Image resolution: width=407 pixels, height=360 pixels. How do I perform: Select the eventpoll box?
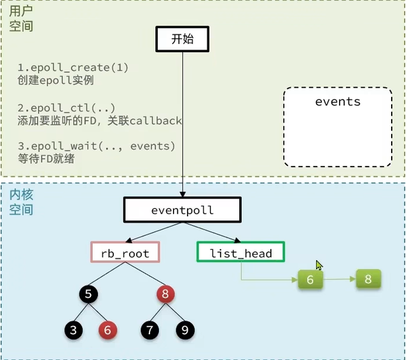[x=183, y=209]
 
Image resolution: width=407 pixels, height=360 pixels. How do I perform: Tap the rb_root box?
[x=125, y=253]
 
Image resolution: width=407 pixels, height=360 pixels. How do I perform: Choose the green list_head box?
[x=241, y=253]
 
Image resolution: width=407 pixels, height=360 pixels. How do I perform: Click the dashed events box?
[x=337, y=127]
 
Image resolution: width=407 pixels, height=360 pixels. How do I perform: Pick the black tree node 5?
[x=88, y=294]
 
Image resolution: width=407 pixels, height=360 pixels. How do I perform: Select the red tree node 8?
[x=166, y=294]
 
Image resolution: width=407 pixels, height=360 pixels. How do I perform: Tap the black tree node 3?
[x=73, y=329]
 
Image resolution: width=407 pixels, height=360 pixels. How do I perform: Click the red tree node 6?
[x=107, y=329]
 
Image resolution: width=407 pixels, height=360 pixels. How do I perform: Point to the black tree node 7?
[x=150, y=329]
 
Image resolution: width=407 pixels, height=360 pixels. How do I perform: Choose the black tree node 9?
[x=185, y=329]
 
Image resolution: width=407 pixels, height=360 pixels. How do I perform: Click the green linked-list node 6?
[x=310, y=279]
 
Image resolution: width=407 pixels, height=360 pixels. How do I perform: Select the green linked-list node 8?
[x=368, y=279]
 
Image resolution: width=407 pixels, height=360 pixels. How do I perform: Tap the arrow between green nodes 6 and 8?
[x=339, y=279]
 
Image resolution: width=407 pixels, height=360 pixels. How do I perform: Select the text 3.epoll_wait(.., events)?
[x=96, y=146]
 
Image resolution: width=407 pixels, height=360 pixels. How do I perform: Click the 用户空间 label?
[x=21, y=19]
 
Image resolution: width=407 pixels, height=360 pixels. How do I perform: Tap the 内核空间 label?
[x=21, y=201]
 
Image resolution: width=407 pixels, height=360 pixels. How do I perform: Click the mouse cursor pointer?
[x=319, y=265]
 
